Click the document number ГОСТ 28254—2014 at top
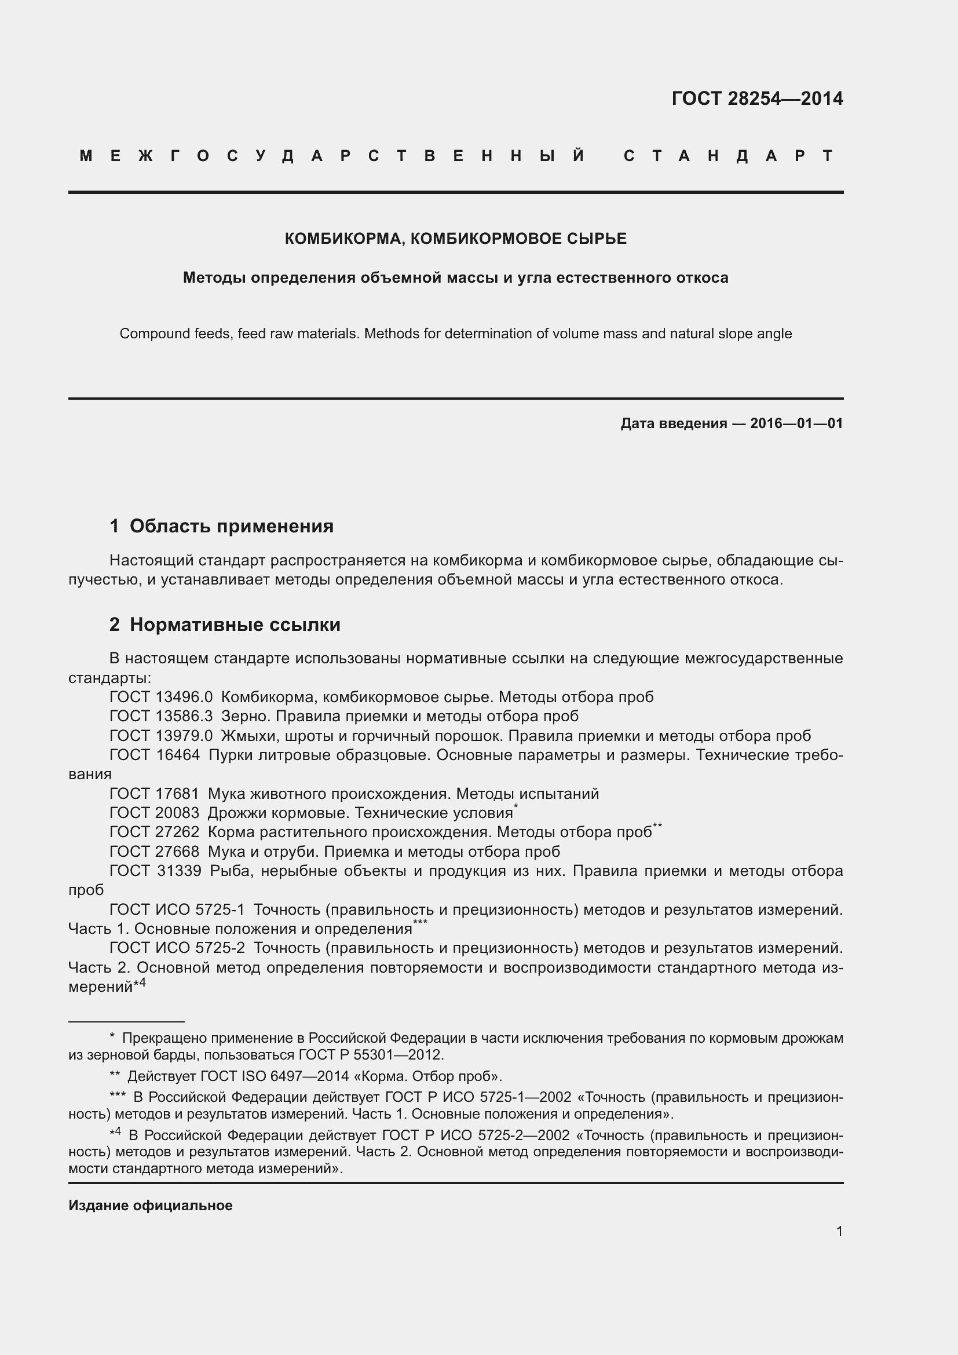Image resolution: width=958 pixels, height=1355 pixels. click(757, 98)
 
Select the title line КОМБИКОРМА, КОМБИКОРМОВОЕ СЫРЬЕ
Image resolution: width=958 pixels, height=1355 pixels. click(455, 239)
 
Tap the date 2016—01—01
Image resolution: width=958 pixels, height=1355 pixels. click(796, 423)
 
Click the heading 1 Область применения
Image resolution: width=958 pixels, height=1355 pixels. click(221, 526)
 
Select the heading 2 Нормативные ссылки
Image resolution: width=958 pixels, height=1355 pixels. click(225, 624)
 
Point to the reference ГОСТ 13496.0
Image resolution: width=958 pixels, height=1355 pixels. click(160, 697)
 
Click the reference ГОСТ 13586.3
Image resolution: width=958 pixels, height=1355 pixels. click(160, 717)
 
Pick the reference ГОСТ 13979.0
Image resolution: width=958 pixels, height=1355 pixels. click(160, 736)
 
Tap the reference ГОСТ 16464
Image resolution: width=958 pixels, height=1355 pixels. click(155, 755)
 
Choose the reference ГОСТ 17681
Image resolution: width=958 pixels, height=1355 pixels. click(155, 794)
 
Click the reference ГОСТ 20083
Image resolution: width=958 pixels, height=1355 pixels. click(155, 813)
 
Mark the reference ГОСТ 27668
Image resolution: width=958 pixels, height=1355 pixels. click(155, 852)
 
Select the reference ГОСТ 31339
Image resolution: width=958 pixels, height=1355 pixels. click(155, 871)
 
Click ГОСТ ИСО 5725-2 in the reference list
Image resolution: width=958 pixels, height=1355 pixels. click(177, 948)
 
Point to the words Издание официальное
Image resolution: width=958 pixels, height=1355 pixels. click(151, 1206)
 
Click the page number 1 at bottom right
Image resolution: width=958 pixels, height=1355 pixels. click(839, 1231)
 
